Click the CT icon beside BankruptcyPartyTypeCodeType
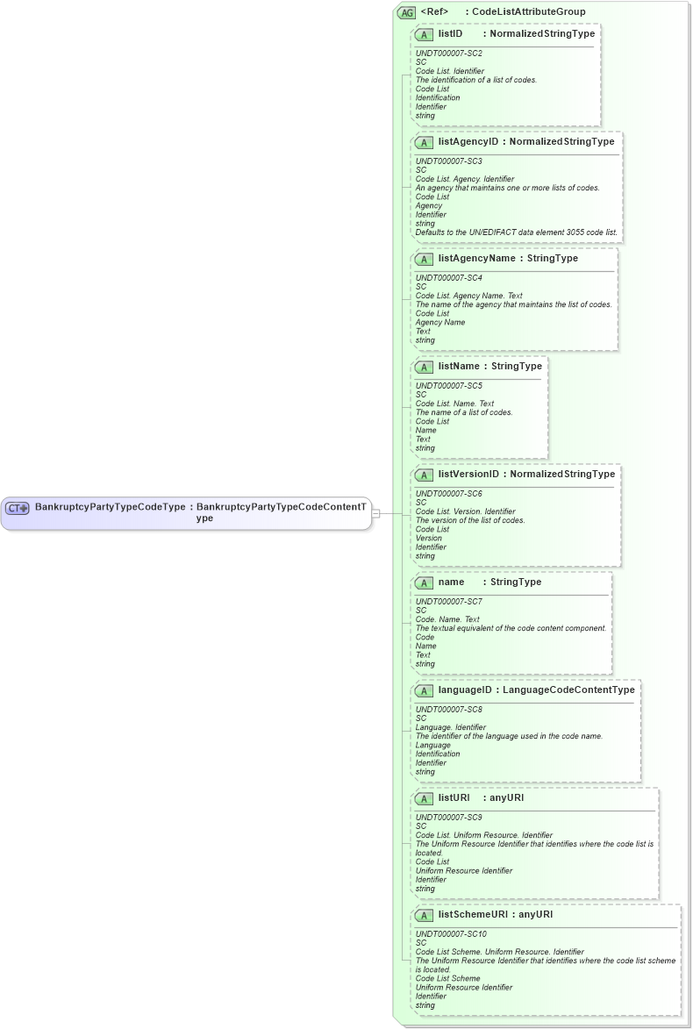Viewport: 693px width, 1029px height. (x=18, y=508)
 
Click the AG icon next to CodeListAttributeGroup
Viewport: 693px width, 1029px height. (x=406, y=12)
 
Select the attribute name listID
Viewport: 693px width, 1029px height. (x=450, y=33)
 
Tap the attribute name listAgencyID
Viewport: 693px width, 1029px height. (x=468, y=141)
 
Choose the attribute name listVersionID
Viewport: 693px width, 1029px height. (x=468, y=474)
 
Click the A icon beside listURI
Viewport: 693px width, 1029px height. (x=424, y=798)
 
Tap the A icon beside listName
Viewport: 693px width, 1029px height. (x=424, y=367)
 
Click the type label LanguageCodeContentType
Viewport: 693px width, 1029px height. (x=568, y=690)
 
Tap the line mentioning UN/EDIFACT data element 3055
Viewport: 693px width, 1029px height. (x=516, y=232)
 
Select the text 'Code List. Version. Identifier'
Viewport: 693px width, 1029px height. (x=466, y=511)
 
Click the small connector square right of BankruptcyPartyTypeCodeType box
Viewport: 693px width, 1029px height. (x=375, y=513)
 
